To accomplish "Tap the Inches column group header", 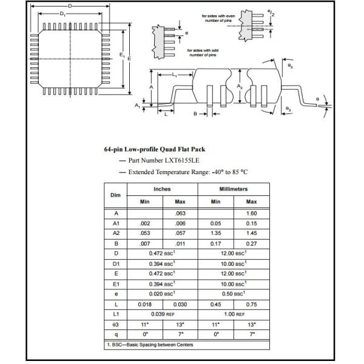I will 163,189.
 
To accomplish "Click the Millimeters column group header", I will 233,189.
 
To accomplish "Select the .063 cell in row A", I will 180,214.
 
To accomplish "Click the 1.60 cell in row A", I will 251,214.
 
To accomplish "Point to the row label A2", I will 115,233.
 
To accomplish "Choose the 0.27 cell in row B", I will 251,243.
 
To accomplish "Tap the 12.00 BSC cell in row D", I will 233,252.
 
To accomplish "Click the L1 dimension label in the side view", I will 174,74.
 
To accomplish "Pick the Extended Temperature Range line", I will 188,172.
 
